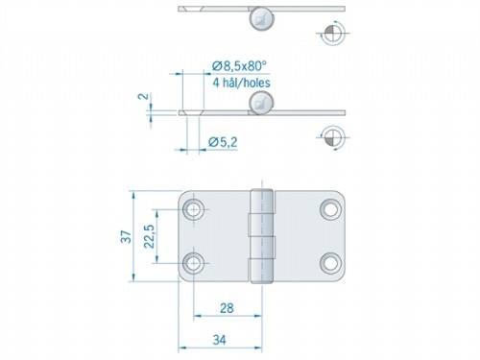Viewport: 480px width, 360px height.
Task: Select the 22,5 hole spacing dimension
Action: (150, 237)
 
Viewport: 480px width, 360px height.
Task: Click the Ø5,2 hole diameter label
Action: (222, 143)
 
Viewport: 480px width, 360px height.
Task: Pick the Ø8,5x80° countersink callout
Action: (238, 65)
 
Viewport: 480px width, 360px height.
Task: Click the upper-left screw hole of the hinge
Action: (196, 208)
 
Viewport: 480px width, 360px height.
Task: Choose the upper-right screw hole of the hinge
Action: (330, 208)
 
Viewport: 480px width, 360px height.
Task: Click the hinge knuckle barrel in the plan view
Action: (259, 236)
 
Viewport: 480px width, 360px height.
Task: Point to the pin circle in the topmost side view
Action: (258, 16)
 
